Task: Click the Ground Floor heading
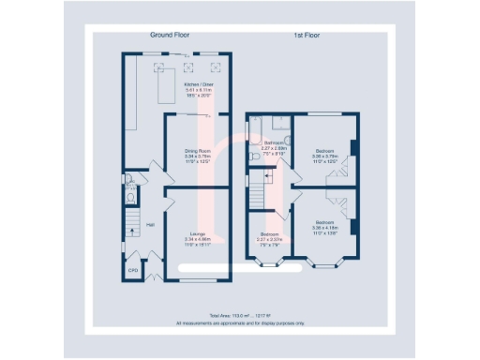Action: [170, 35]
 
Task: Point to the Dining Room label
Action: [196, 150]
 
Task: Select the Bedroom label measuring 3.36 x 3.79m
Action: [325, 150]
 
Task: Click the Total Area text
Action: [240, 315]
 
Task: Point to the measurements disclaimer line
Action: [240, 322]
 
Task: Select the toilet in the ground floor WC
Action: [131, 198]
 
